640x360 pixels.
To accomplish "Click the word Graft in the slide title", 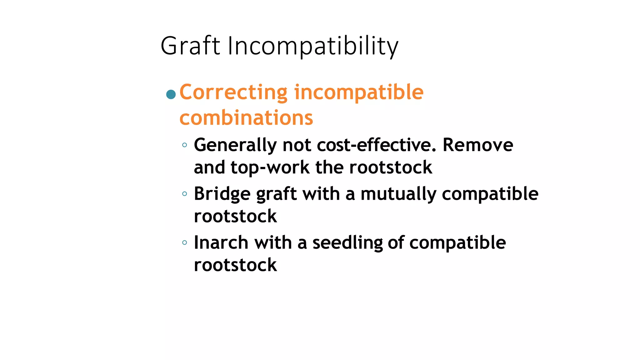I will [x=190, y=46].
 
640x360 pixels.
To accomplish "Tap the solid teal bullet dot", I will [x=171, y=94].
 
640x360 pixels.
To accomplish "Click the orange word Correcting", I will [x=233, y=93].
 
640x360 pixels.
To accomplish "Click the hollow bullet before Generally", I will [x=184, y=145].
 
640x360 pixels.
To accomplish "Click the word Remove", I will [x=478, y=145].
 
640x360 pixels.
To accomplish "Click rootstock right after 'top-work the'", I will [x=391, y=167].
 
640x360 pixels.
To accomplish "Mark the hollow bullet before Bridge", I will [x=184, y=194].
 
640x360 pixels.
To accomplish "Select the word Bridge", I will [x=222, y=194].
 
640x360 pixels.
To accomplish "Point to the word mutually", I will [x=398, y=194].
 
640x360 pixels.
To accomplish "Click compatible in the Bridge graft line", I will [x=490, y=194].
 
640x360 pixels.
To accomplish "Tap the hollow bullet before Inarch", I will [x=184, y=242].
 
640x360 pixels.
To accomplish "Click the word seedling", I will [x=347, y=243].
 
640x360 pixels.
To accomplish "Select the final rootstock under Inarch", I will [x=235, y=265].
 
